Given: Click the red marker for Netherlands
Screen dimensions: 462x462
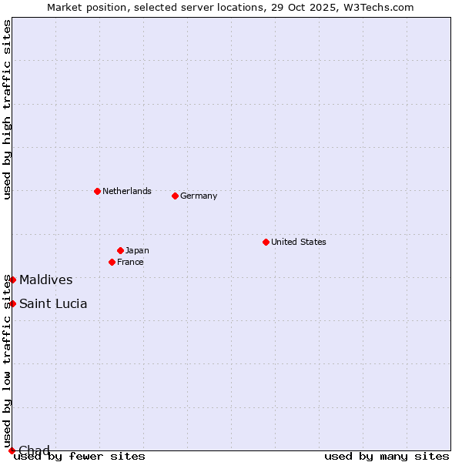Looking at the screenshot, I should (97, 191).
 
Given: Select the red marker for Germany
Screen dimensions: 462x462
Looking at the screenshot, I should (175, 196).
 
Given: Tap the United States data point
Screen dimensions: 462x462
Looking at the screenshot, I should (266, 242).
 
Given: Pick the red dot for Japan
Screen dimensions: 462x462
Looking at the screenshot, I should (120, 250).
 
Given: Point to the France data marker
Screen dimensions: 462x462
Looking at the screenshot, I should (112, 262).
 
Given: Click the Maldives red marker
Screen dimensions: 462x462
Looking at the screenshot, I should (12, 280).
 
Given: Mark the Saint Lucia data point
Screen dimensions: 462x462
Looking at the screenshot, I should (12, 303).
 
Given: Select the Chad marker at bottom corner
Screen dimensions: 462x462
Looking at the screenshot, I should (12, 450).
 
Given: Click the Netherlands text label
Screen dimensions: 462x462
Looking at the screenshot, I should (127, 191).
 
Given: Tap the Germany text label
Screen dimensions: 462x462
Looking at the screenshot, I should (199, 196).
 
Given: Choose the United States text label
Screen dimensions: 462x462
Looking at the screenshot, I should (298, 242).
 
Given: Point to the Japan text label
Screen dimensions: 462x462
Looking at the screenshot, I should (137, 250).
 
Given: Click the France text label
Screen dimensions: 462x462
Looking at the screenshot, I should (130, 262).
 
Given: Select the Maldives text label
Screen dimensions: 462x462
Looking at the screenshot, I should (46, 280).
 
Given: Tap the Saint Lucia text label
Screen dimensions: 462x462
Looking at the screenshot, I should (53, 303).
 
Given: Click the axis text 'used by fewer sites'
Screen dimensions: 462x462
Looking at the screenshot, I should (79, 456).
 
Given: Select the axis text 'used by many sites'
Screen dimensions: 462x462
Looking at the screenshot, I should (387, 456).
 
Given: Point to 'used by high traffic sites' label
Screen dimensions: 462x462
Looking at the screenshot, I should (7, 109).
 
